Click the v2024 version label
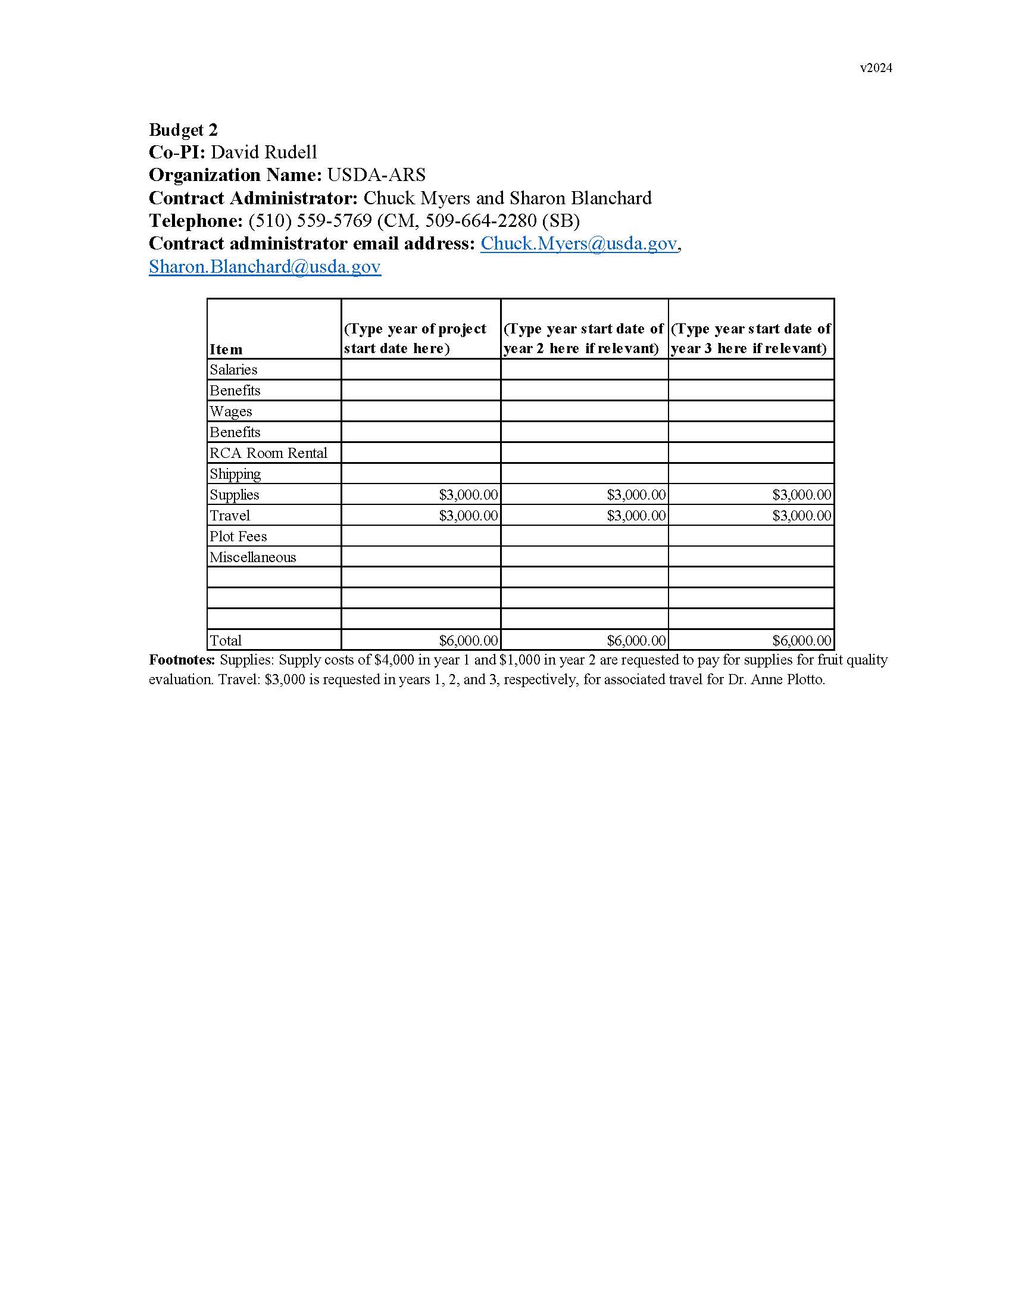click(x=875, y=68)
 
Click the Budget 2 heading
click(x=183, y=130)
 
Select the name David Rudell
click(x=263, y=152)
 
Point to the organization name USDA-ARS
click(x=376, y=175)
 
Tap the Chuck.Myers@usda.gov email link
click(x=579, y=244)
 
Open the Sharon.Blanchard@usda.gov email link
click(x=264, y=266)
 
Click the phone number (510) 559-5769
click(x=310, y=221)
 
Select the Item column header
click(x=226, y=349)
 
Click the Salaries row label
click(x=233, y=370)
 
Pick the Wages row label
click(x=231, y=411)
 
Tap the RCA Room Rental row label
click(x=268, y=453)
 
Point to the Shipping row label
click(x=235, y=474)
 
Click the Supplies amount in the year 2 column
click(x=636, y=495)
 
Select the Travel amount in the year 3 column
click(x=802, y=516)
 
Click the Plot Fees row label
click(x=238, y=537)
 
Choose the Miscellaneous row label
click(x=252, y=557)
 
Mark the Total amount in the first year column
click(x=468, y=641)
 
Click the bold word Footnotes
click(x=182, y=660)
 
